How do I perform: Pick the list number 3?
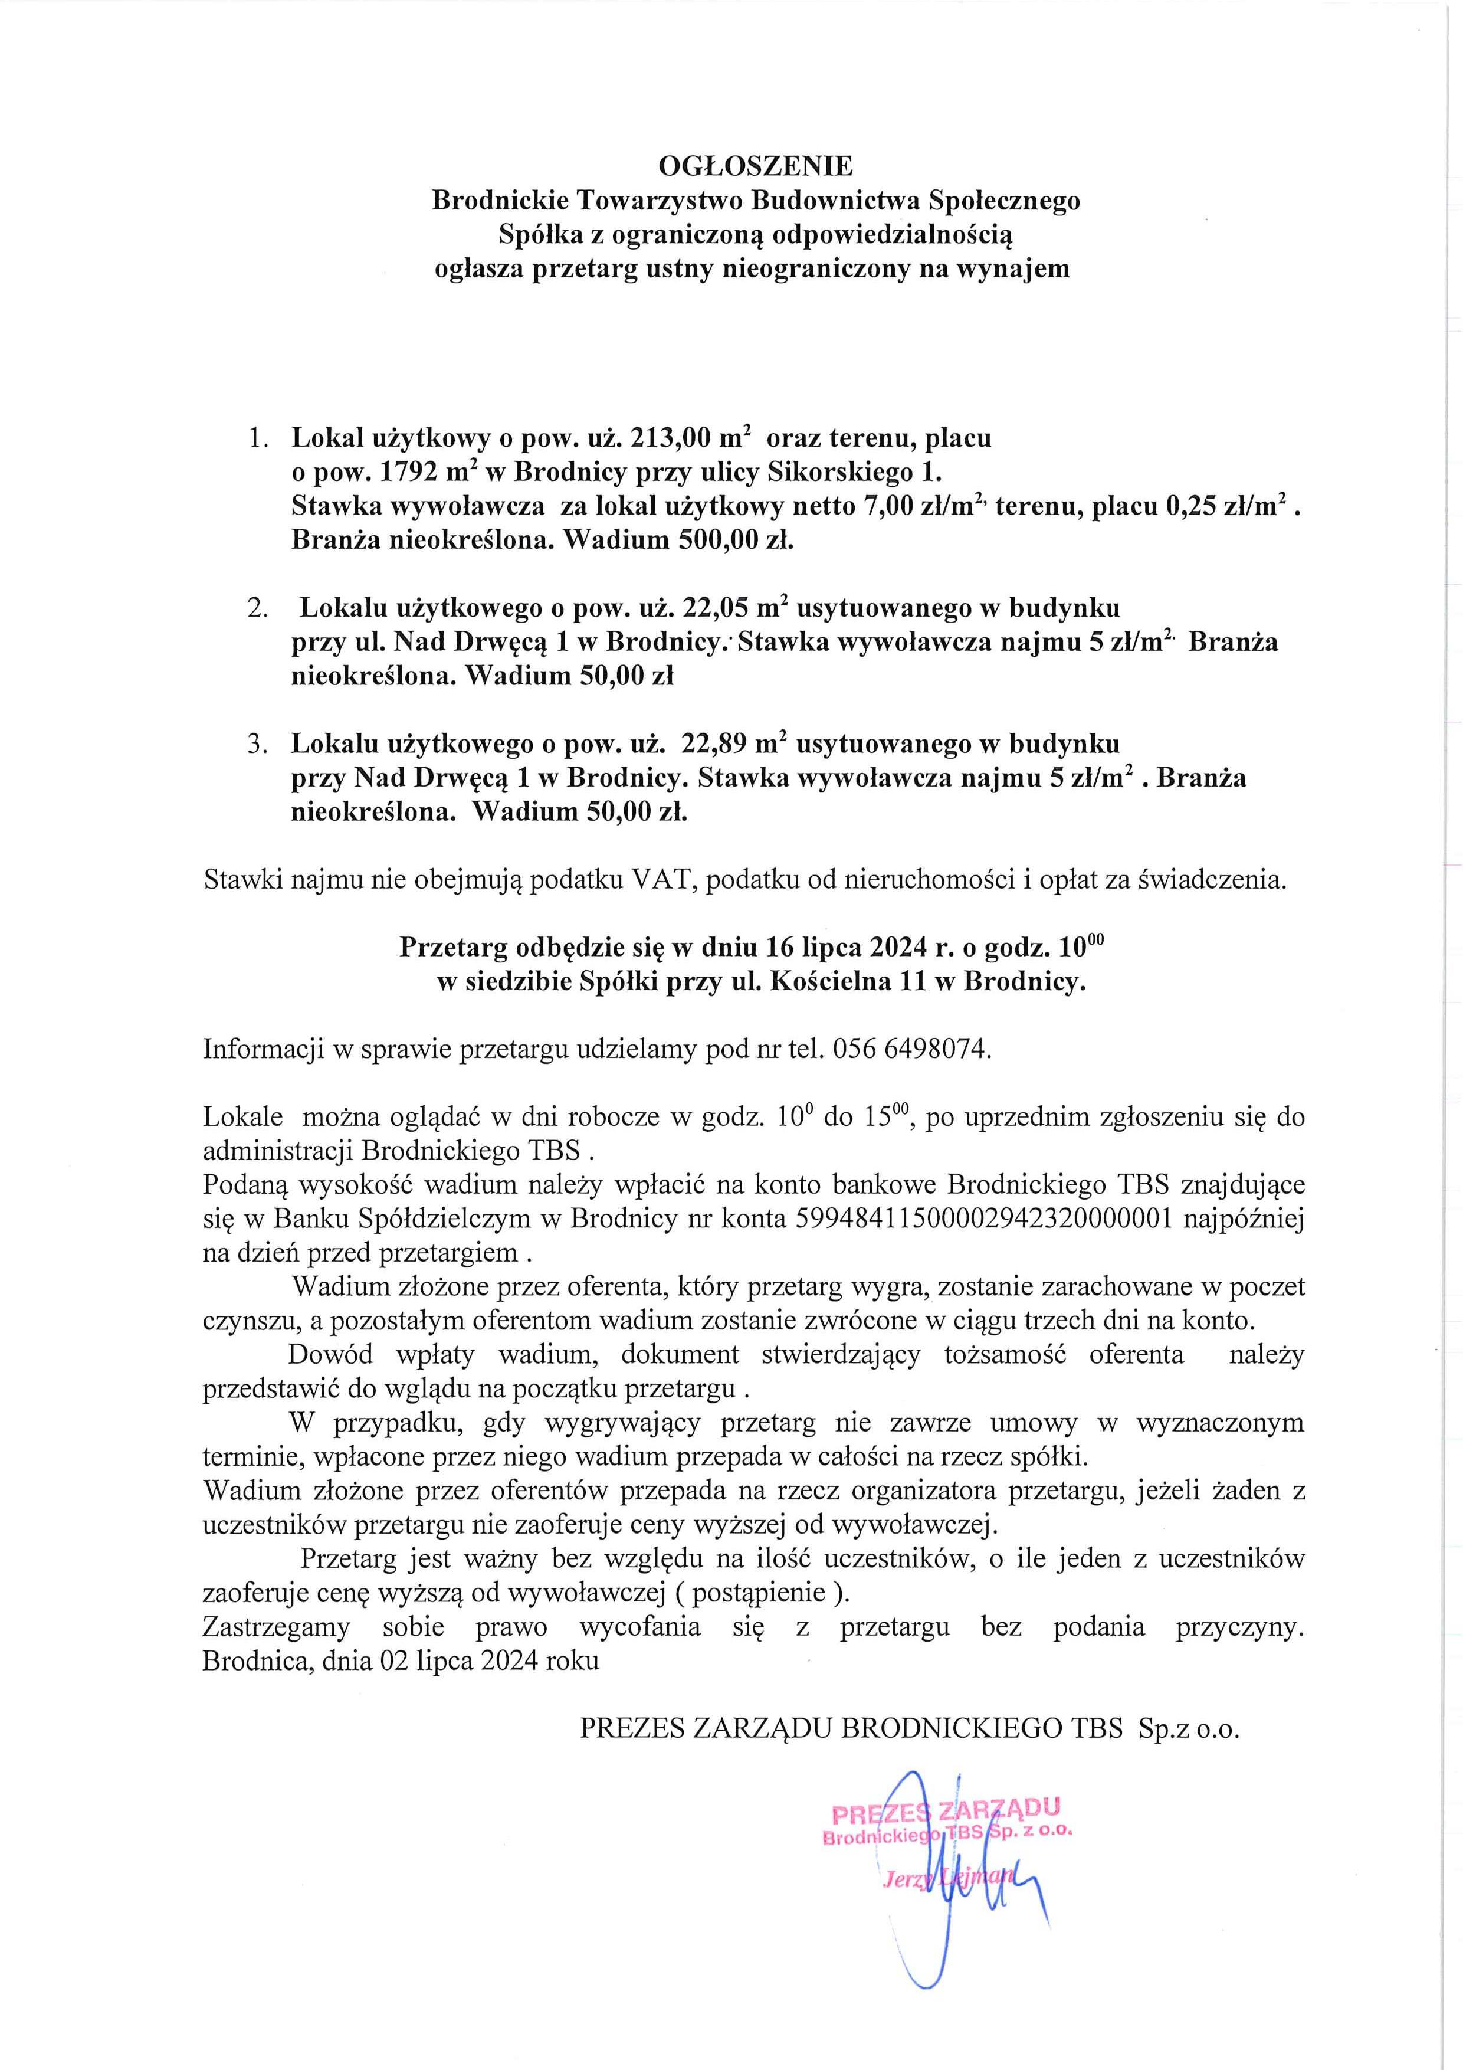click(x=257, y=745)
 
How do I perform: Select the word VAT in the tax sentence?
click(x=665, y=880)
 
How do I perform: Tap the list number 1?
click(x=257, y=439)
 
